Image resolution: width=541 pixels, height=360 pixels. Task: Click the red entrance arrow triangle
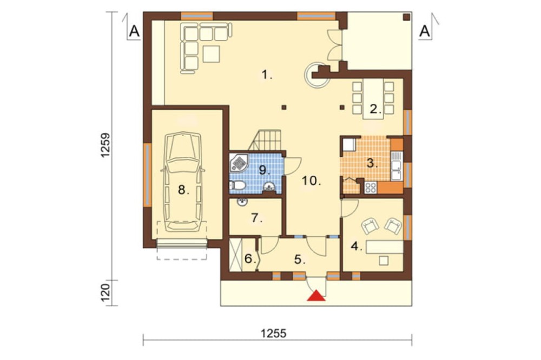coord(316,296)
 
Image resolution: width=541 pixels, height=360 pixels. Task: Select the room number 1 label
coord(267,74)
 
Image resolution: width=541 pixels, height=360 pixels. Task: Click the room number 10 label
coord(312,181)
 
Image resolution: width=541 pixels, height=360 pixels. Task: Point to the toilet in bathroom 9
coord(237,185)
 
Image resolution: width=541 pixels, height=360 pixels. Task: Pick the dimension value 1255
coord(274,334)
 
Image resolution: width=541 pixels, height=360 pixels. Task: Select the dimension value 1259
coord(106,145)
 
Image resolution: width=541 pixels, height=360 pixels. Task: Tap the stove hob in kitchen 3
coord(371,188)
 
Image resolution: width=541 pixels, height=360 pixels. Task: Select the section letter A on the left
coord(134,31)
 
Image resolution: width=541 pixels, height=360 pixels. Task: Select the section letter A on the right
coord(425,31)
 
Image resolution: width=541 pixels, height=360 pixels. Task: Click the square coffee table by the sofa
coord(211,54)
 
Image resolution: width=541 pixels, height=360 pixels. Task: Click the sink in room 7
coord(242,202)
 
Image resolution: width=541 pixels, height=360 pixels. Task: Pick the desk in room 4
coord(384,248)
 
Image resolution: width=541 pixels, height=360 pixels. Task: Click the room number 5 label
coord(300,259)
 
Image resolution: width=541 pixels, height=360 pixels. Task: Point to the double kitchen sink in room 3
coord(396,166)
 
